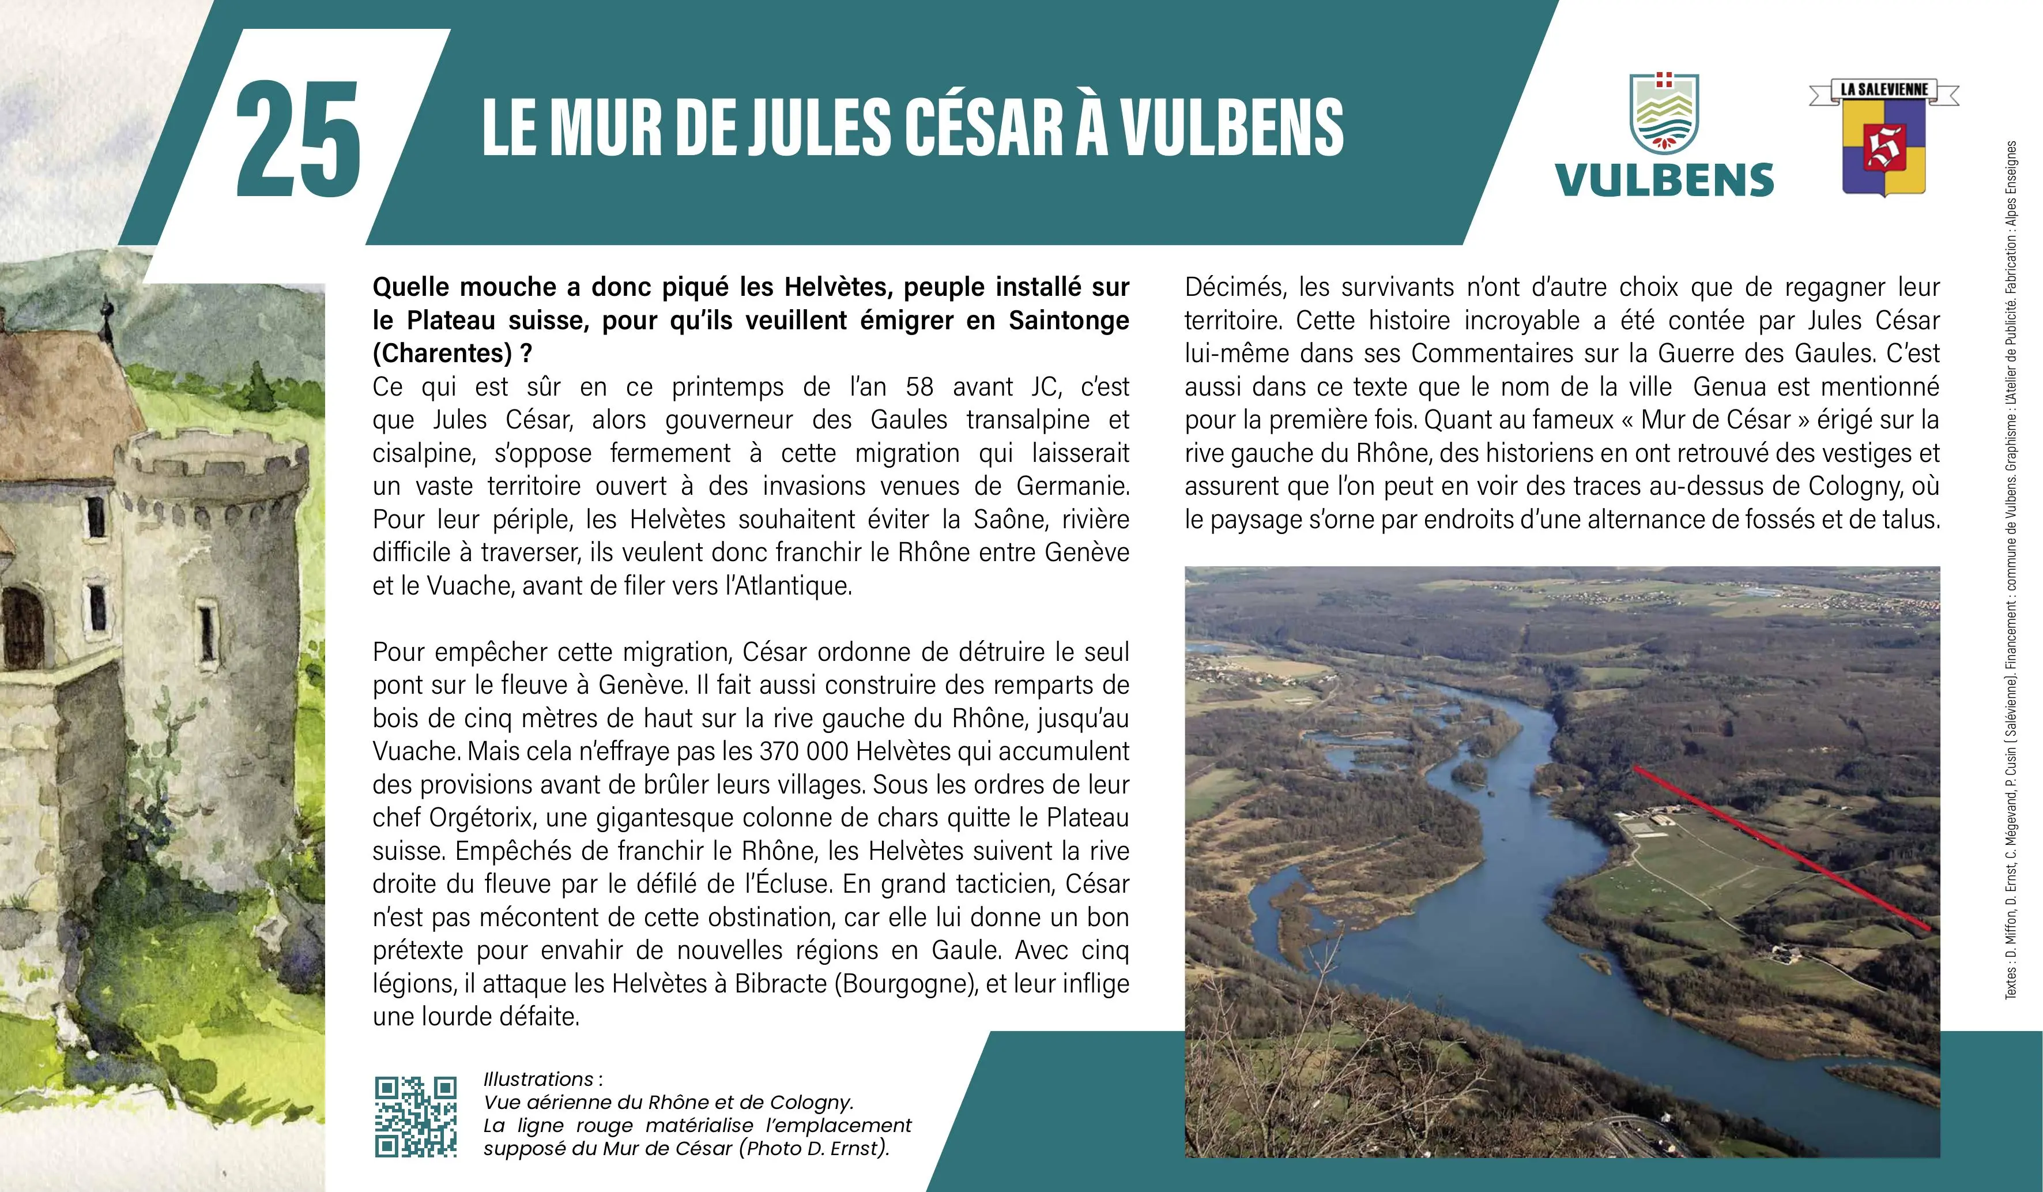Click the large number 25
click(299, 140)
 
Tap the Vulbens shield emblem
click(1664, 114)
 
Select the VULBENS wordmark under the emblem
click(1664, 180)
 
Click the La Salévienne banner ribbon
click(1883, 90)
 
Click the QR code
click(415, 1116)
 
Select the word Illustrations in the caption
click(538, 1080)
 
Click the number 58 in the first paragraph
click(919, 387)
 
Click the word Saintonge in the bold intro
click(1069, 320)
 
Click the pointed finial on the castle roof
click(106, 307)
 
